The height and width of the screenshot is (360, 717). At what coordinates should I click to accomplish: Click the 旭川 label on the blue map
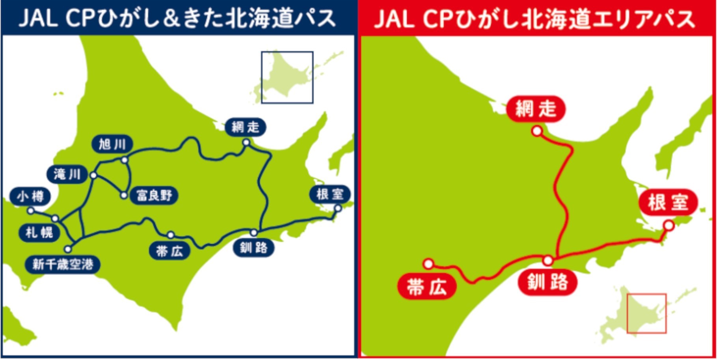(112, 144)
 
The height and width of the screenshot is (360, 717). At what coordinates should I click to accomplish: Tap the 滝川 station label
(67, 174)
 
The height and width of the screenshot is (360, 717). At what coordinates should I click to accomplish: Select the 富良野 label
(154, 195)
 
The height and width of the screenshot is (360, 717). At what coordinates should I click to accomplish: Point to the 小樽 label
(30, 196)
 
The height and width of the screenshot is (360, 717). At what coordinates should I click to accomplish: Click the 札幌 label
(39, 232)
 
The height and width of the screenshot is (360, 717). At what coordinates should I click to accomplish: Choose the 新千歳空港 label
(62, 264)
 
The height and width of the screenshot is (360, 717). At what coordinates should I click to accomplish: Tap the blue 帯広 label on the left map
(169, 251)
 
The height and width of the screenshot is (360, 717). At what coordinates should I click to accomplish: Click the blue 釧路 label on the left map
(253, 248)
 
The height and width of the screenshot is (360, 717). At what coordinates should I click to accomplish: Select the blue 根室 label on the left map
(330, 194)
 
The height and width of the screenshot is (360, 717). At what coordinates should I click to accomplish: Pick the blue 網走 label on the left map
(245, 127)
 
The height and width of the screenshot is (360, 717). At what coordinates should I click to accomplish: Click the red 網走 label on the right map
(535, 108)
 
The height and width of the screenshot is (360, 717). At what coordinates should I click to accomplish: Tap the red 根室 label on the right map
(668, 203)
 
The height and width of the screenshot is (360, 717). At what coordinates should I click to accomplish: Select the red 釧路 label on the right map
(548, 282)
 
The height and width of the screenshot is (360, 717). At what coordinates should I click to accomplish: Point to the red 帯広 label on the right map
(427, 287)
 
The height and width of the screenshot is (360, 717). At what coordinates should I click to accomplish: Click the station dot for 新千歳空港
(68, 249)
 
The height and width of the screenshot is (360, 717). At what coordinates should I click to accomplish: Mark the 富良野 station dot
(124, 195)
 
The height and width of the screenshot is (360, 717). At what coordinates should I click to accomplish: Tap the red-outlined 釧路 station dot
(548, 261)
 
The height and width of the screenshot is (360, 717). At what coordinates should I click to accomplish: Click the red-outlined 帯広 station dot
(428, 263)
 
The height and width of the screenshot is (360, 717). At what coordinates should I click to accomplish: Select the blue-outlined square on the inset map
(287, 77)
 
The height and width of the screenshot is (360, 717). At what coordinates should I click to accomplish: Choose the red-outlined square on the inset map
(646, 313)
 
